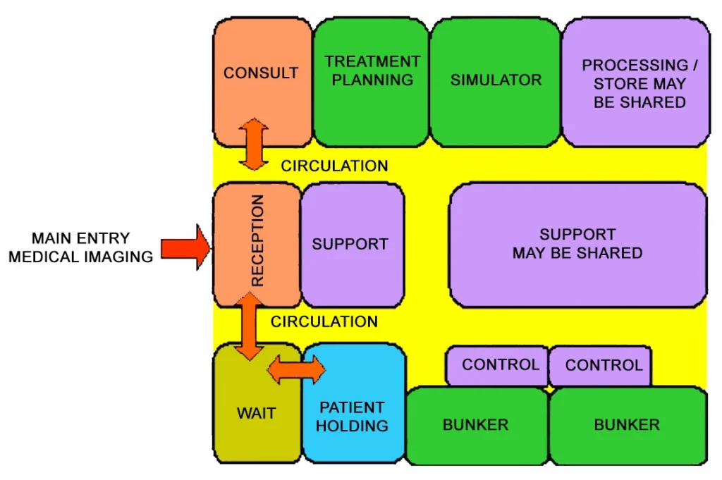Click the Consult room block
tap(262, 74)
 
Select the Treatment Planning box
tap(372, 81)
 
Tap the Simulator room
tap(496, 81)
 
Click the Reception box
tap(257, 243)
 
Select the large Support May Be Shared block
tap(577, 245)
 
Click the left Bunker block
tap(476, 425)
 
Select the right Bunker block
tap(627, 425)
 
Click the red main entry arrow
tap(185, 248)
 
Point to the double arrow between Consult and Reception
tap(254, 144)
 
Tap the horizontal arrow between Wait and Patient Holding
tap(296, 369)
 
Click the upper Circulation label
tap(334, 166)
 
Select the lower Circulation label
tap(324, 322)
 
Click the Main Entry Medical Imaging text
tap(81, 247)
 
